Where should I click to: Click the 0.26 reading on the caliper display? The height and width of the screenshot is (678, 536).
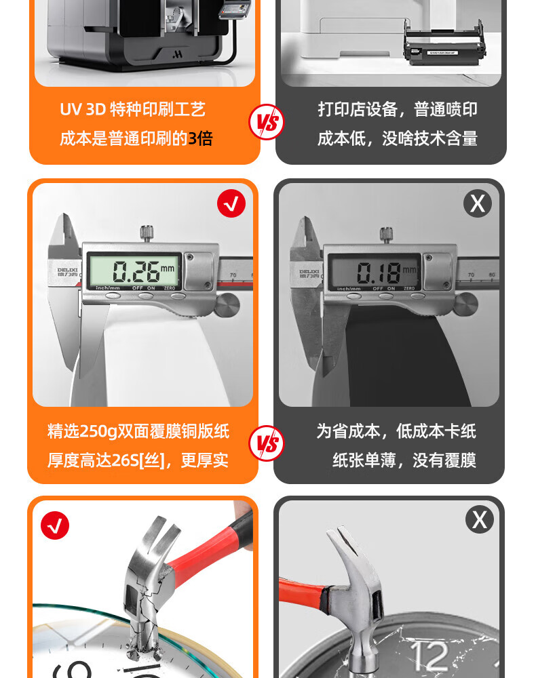click(x=136, y=272)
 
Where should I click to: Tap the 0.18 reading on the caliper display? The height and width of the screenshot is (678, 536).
click(x=379, y=273)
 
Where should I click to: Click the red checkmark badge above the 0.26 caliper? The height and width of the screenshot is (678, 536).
click(x=231, y=203)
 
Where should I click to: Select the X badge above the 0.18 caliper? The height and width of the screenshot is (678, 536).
click(x=478, y=203)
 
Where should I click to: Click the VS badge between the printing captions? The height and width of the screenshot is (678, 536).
click(x=267, y=122)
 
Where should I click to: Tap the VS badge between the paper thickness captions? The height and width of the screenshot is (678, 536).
click(x=267, y=443)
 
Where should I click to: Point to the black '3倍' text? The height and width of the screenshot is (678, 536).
click(x=200, y=138)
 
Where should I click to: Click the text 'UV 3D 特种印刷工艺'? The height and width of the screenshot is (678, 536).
click(x=132, y=109)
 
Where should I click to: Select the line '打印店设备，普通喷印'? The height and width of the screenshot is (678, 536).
click(x=398, y=109)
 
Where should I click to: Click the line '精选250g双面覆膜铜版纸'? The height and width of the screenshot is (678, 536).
click(x=138, y=431)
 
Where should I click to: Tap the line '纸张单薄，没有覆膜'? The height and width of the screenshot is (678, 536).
click(x=404, y=460)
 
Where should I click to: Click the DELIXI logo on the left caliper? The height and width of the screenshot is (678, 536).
click(x=67, y=273)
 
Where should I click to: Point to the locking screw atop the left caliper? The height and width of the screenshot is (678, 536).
click(x=147, y=233)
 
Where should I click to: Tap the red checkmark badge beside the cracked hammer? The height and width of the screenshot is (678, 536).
click(x=55, y=525)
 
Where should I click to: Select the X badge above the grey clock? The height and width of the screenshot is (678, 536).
click(x=480, y=519)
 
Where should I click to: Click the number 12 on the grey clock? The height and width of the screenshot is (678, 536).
click(x=429, y=656)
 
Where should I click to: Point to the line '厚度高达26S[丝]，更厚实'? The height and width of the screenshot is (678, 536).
click(x=138, y=460)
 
